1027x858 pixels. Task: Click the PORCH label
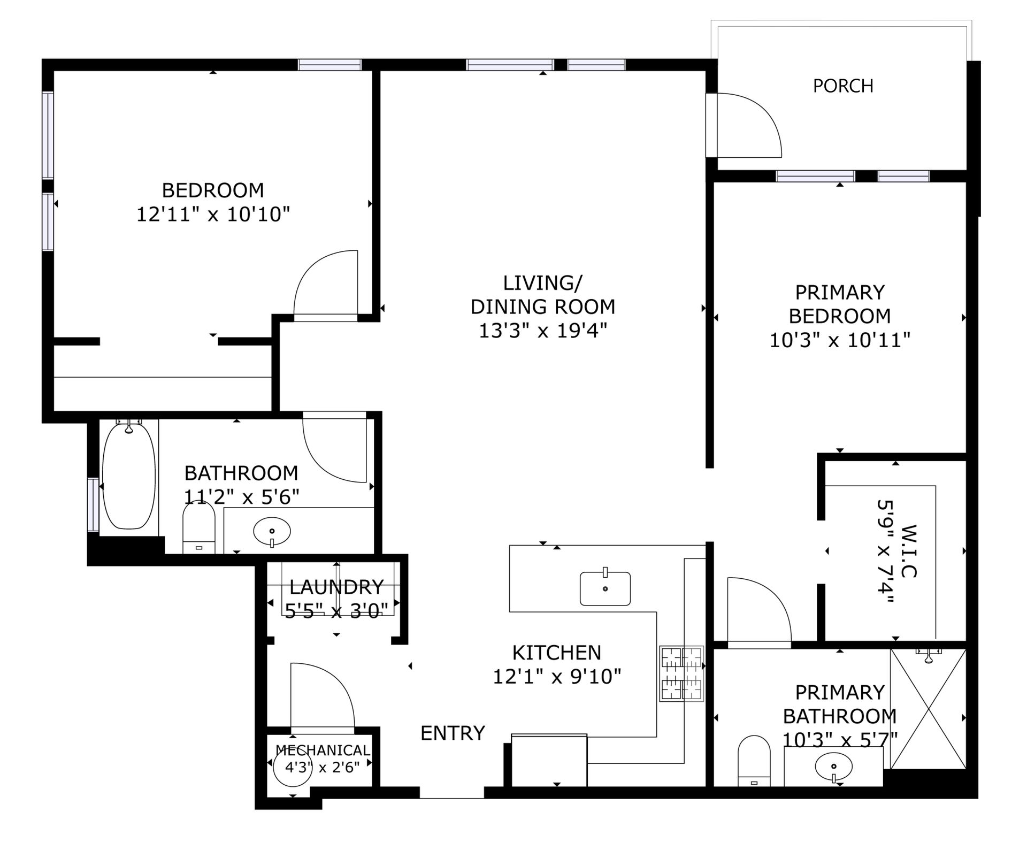pos(843,86)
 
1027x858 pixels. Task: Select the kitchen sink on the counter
pos(605,588)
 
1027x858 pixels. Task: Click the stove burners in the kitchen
pos(681,674)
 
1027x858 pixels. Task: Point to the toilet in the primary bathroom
pos(754,761)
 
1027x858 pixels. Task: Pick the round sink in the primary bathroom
pos(833,767)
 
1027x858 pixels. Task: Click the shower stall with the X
pos(928,709)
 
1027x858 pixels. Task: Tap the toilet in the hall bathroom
pos(199,527)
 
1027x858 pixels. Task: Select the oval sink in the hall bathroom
pos(272,532)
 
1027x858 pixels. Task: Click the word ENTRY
pos(453,733)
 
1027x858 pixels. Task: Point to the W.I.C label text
pos(909,551)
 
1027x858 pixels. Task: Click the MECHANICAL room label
pos(323,750)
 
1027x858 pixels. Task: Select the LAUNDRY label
pos(336,587)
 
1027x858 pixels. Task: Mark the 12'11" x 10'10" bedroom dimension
pos(213,215)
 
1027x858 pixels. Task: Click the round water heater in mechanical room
pos(293,767)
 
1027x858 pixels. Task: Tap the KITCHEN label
pos(557,653)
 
